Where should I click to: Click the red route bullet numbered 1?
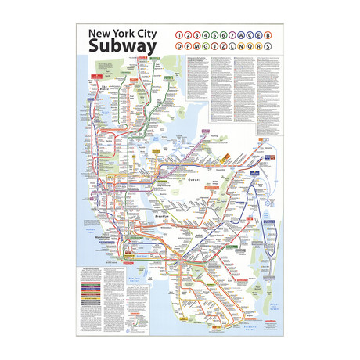pyautogui.click(x=181, y=35)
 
